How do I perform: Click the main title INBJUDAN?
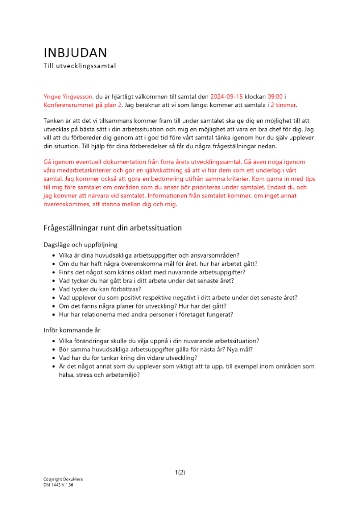point(75,53)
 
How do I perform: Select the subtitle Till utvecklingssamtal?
point(79,66)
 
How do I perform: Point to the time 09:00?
point(276,96)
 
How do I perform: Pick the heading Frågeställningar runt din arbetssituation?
point(113,228)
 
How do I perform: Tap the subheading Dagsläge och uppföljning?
point(80,245)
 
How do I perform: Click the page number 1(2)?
point(180,472)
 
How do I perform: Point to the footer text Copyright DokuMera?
point(63,479)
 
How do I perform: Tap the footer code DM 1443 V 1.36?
point(58,485)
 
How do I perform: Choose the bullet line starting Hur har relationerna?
point(146,315)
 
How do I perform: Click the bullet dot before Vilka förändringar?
point(54,341)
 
